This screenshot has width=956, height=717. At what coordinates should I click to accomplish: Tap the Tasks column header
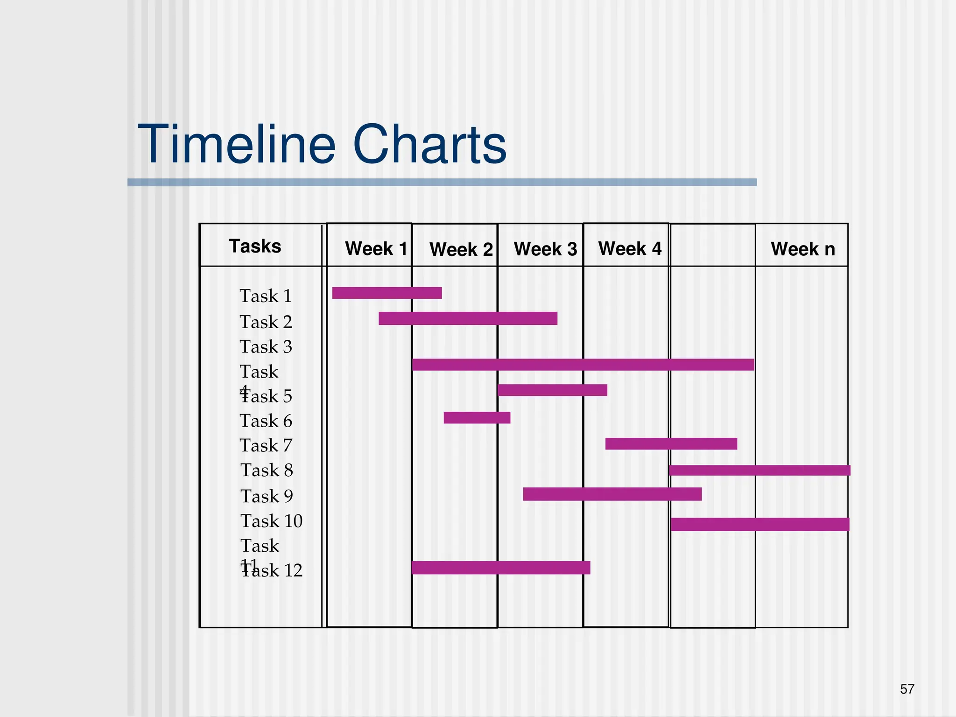pyautogui.click(x=255, y=246)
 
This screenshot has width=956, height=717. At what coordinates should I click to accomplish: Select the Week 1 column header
pyautogui.click(x=376, y=248)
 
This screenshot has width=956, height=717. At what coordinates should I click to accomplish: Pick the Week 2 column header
pyautogui.click(x=461, y=249)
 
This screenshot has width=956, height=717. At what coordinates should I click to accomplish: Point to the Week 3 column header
pyautogui.click(x=545, y=249)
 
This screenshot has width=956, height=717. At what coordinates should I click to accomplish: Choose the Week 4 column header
pyautogui.click(x=630, y=248)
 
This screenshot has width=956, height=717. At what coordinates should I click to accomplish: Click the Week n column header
pyautogui.click(x=802, y=249)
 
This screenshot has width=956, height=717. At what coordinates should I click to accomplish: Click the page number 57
pyautogui.click(x=907, y=689)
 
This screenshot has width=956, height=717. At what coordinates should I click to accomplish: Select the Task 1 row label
pyautogui.click(x=266, y=296)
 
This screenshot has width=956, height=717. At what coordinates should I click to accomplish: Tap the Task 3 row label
pyautogui.click(x=266, y=347)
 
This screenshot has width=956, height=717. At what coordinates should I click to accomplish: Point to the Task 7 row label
pyautogui.click(x=266, y=446)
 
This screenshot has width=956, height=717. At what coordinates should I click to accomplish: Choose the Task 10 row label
pyautogui.click(x=271, y=521)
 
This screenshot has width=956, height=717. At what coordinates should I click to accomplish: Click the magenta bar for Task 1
pyautogui.click(x=387, y=293)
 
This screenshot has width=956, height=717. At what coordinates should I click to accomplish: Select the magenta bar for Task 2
pyautogui.click(x=468, y=318)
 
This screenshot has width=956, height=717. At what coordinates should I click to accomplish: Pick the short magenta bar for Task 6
pyautogui.click(x=477, y=417)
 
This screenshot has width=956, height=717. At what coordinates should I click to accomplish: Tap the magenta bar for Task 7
pyautogui.click(x=671, y=443)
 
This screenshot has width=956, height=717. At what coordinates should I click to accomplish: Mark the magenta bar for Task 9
pyautogui.click(x=612, y=494)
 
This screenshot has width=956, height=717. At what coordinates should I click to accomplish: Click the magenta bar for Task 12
pyautogui.click(x=501, y=568)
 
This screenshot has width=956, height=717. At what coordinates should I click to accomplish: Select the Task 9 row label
pyautogui.click(x=267, y=496)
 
